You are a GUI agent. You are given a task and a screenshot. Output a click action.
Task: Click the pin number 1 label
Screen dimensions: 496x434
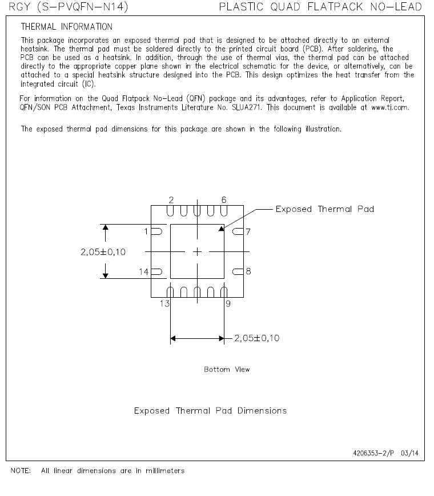coord(146,231)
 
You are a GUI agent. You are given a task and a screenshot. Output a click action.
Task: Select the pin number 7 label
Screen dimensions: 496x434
coord(248,231)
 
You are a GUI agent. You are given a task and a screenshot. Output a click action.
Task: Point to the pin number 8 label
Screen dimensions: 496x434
coord(248,271)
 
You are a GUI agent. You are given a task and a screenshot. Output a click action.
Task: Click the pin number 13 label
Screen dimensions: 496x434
coord(164,303)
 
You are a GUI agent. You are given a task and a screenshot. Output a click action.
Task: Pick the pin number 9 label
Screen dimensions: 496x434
coord(228,303)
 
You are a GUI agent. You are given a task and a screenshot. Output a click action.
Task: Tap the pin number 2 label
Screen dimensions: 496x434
coord(171,199)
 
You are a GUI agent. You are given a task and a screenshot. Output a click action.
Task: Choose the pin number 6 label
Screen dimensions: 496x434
coord(223,199)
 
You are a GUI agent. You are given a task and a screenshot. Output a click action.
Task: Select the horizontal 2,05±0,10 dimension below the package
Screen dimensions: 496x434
coord(256,338)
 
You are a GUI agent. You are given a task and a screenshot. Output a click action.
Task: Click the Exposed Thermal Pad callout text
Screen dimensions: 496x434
coord(324,209)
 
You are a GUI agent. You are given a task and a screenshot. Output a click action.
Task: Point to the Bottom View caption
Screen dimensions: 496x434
coord(227,370)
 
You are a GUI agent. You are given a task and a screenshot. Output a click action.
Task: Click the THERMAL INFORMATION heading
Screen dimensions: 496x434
coord(66,27)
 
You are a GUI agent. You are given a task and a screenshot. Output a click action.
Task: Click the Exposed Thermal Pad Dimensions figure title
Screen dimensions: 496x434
coord(210,411)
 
